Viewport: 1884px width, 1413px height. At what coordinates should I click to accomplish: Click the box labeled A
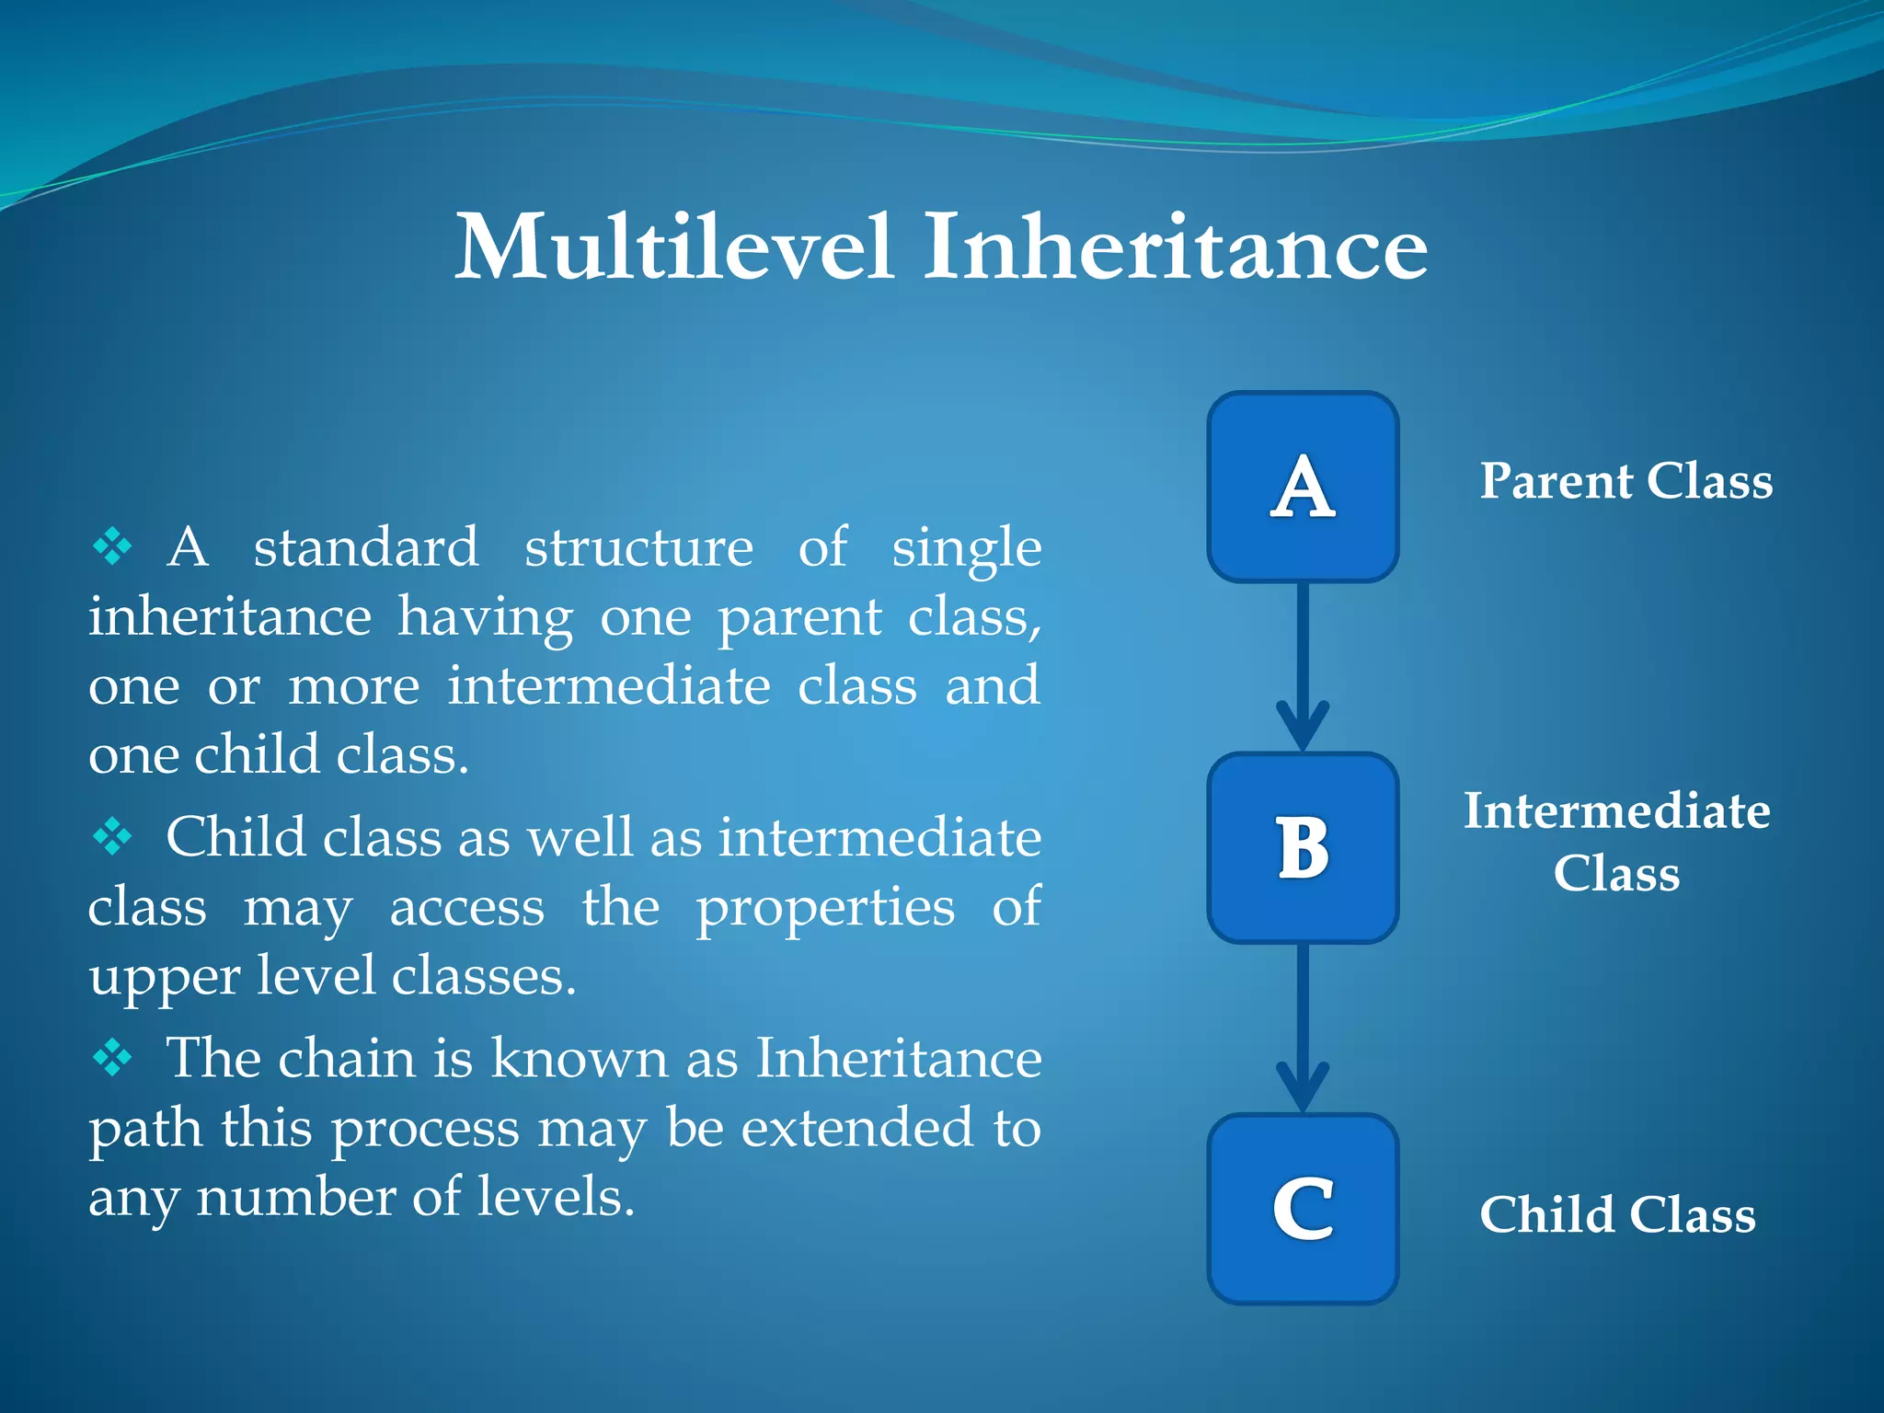(1303, 487)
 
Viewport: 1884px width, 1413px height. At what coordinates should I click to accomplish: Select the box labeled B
(1303, 847)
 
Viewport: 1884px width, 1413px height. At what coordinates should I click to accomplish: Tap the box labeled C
(1303, 1209)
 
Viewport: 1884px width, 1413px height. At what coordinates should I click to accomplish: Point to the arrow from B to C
(1303, 1026)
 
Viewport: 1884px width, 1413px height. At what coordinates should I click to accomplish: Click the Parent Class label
(1626, 481)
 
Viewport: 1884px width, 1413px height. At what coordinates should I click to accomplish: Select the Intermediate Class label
(1616, 841)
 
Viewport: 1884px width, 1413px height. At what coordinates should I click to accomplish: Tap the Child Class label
(1617, 1214)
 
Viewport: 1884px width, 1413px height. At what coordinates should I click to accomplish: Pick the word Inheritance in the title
(1175, 247)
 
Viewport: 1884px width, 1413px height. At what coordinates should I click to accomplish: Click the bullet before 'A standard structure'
(112, 546)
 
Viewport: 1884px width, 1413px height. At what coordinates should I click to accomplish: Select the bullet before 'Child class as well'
(112, 837)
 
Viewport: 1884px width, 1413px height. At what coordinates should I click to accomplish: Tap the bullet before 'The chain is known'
(112, 1058)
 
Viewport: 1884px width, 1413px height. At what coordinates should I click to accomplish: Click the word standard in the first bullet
(366, 547)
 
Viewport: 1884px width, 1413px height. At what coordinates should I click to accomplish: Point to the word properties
(825, 909)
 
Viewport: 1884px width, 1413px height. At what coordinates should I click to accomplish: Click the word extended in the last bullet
(856, 1128)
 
